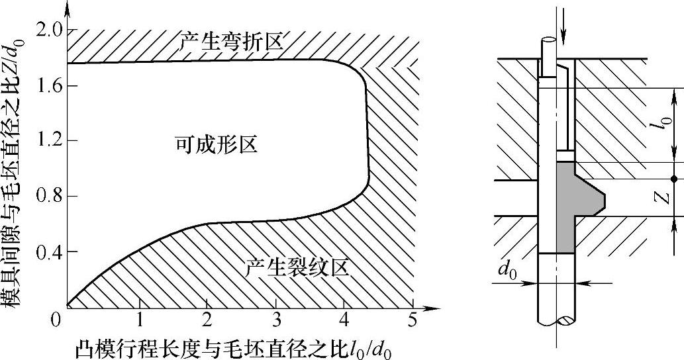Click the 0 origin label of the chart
(57, 321)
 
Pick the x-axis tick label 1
(140, 321)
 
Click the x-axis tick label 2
(208, 321)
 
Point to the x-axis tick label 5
(413, 321)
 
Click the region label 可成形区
(215, 144)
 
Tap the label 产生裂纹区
(296, 268)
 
